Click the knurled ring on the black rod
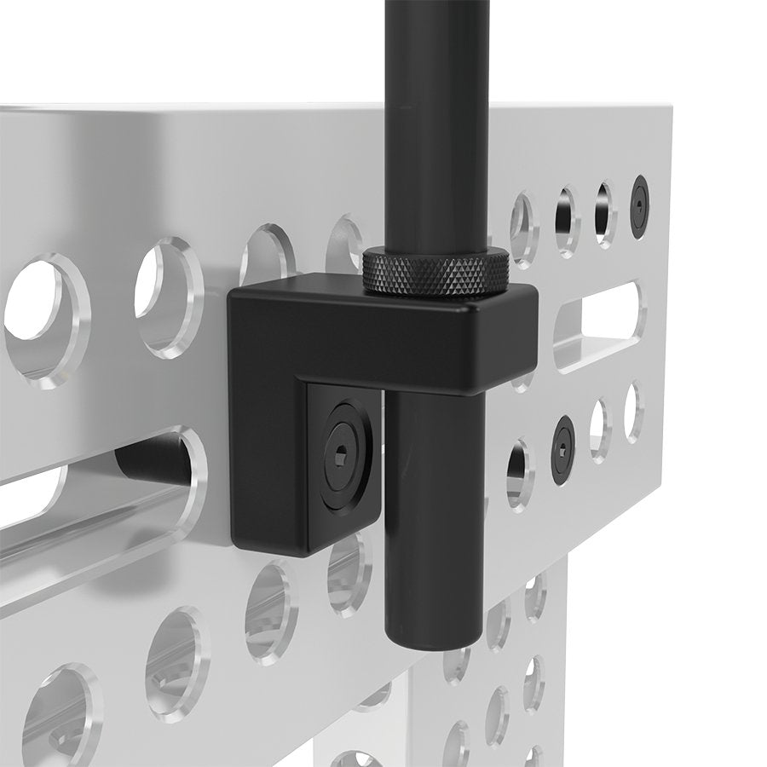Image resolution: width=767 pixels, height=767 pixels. pyautogui.click(x=436, y=272)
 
